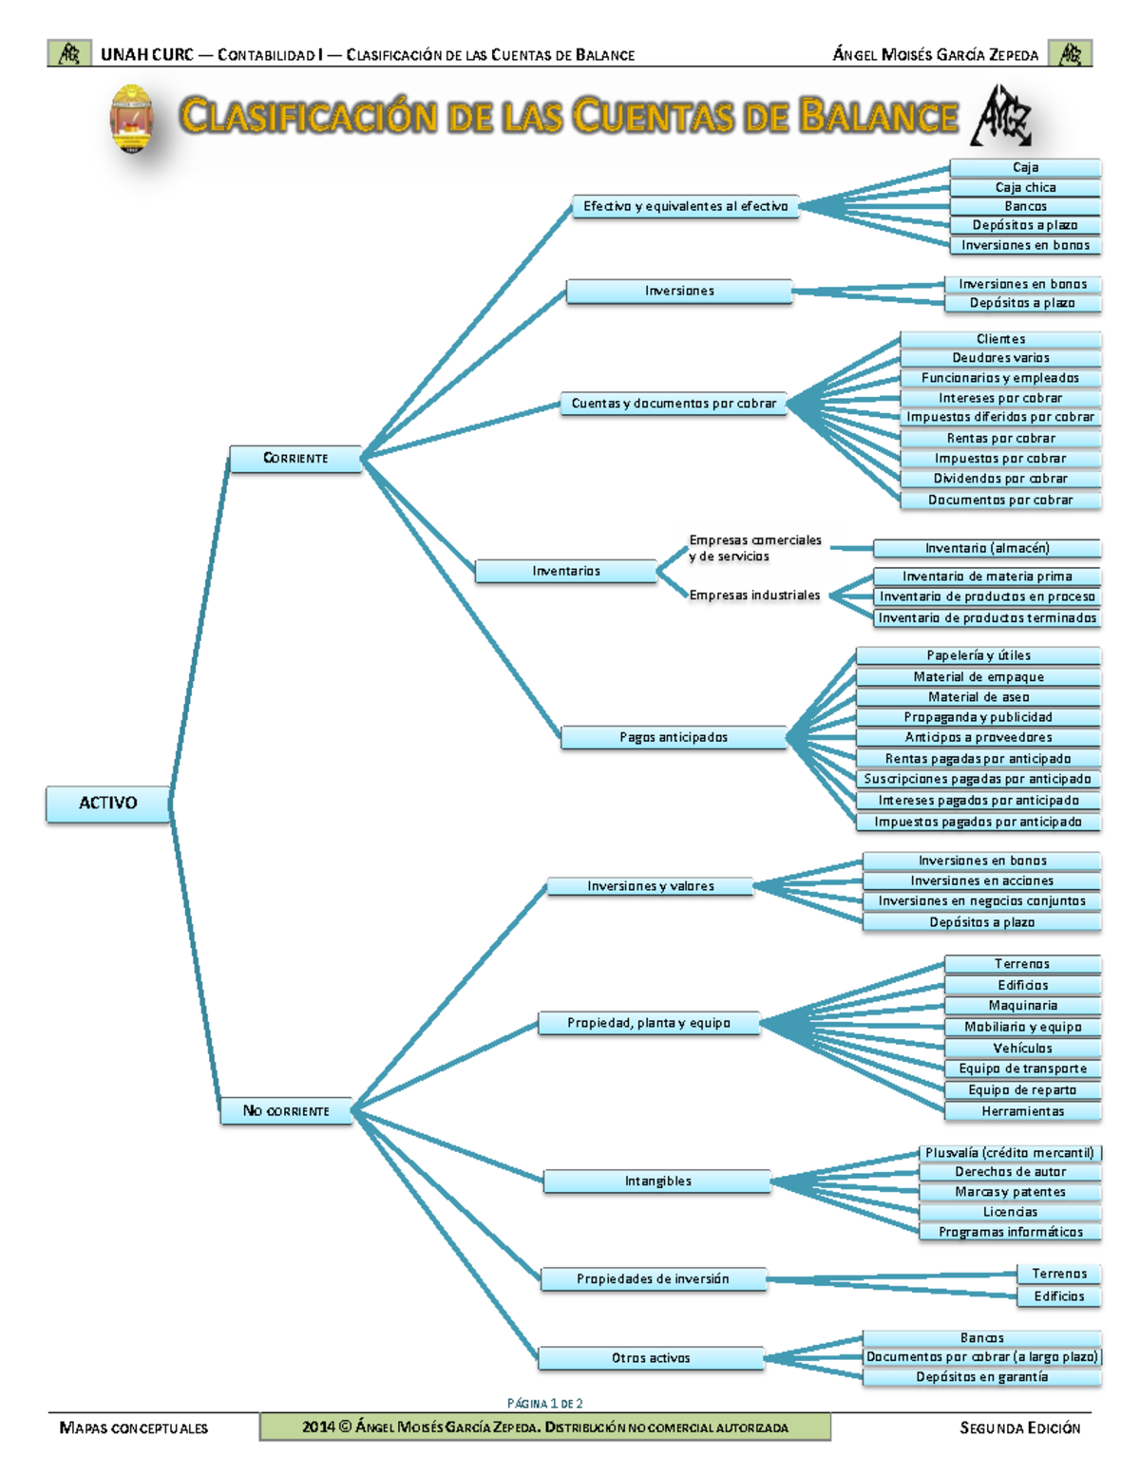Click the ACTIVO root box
[108, 804]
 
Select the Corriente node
[295, 458]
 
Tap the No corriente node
[286, 1110]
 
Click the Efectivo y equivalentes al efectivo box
[685, 206]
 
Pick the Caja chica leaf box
[1024, 187]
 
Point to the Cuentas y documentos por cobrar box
[674, 404]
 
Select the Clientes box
[1000, 339]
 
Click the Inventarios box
[565, 571]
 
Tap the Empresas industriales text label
[754, 596]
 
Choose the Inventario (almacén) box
[986, 548]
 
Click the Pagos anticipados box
[674, 737]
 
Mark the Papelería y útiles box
[978, 655]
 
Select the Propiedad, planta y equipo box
[649, 1023]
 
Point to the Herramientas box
[1022, 1111]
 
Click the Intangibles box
[657, 1182]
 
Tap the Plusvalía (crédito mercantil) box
[1010, 1153]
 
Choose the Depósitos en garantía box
[981, 1376]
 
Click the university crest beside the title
[132, 119]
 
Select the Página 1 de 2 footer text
[545, 1403]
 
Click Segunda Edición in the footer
[1019, 1428]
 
